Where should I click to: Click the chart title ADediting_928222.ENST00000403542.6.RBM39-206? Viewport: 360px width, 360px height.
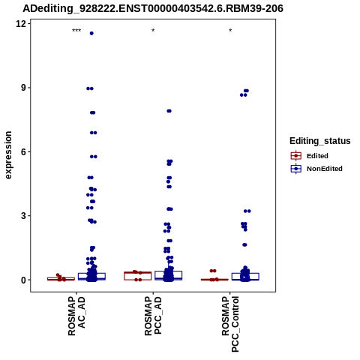coord(153,8)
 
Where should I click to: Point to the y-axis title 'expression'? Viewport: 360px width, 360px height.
coord(8,155)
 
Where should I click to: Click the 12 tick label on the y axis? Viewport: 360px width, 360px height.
coord(21,24)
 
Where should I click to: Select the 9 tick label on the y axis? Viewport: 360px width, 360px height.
coord(24,88)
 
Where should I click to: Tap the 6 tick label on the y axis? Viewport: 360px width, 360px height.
coord(24,151)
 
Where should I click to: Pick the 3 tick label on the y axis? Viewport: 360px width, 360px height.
coord(24,216)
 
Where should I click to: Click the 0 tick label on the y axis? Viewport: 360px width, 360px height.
coord(24,280)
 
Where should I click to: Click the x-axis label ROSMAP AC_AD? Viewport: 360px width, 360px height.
coord(76,316)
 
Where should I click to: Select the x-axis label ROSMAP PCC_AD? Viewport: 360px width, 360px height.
coord(153,316)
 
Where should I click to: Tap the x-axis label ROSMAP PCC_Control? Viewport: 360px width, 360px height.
coord(230,324)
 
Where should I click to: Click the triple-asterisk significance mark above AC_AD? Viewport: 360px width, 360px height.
coord(76,31)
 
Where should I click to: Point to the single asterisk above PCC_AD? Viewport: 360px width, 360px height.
coord(153,31)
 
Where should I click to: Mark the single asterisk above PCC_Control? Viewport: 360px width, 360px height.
coord(230,31)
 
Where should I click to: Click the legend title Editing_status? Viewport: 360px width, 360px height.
coord(320,141)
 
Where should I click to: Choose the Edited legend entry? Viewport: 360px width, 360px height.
coord(310,156)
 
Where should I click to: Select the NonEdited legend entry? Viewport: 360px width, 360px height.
coord(316,169)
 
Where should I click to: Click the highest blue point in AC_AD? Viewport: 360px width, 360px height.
coord(91,34)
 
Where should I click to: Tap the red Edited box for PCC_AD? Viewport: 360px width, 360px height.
coord(138,276)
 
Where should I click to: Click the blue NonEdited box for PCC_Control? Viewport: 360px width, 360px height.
coord(245,277)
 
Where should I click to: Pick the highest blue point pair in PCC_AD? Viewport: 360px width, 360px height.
coord(169,111)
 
